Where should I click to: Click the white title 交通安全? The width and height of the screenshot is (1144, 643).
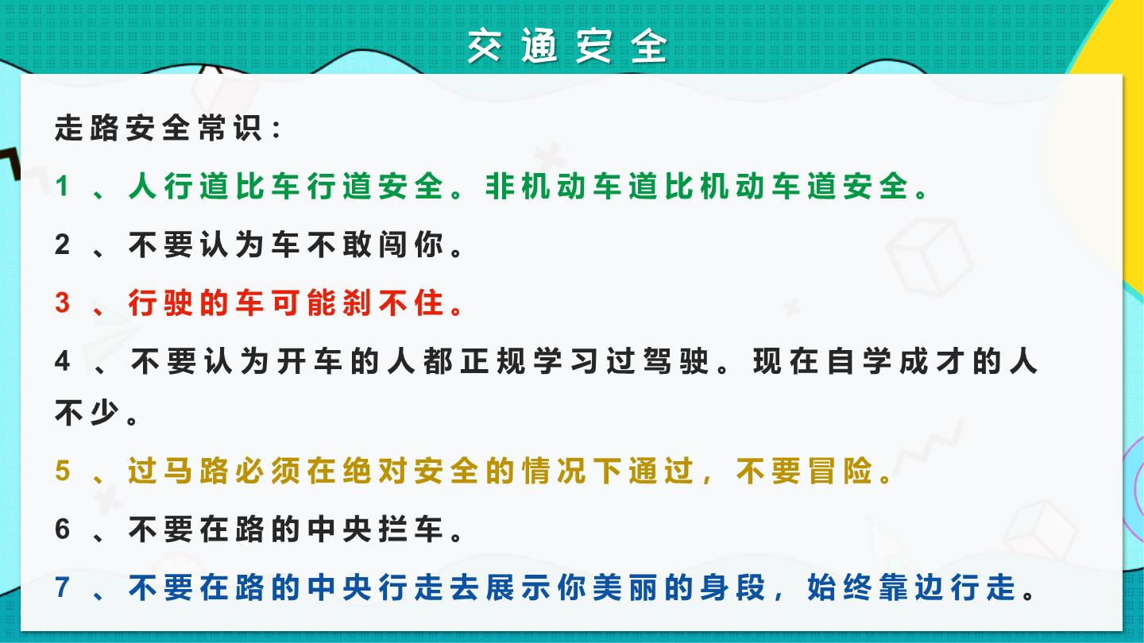[567, 46]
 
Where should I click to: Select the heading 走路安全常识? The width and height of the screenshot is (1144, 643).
[158, 128]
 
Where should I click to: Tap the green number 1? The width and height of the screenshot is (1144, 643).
[62, 186]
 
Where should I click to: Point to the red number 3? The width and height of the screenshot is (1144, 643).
[62, 302]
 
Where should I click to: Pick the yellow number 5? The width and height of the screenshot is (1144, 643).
[62, 470]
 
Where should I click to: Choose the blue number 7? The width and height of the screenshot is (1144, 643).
[62, 587]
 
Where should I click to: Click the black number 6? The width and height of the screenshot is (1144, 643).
[62, 529]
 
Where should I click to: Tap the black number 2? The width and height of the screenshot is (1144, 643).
[62, 244]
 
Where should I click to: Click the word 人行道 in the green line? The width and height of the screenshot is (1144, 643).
[179, 186]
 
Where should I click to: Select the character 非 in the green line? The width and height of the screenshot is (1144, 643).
[500, 186]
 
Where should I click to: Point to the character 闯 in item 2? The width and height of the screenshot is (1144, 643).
[392, 244]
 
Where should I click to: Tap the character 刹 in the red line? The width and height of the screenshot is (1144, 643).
[357, 302]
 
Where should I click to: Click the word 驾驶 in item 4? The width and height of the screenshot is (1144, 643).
[675, 361]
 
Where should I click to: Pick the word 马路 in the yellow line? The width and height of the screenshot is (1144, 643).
[196, 471]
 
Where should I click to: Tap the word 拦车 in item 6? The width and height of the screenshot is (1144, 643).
[411, 529]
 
